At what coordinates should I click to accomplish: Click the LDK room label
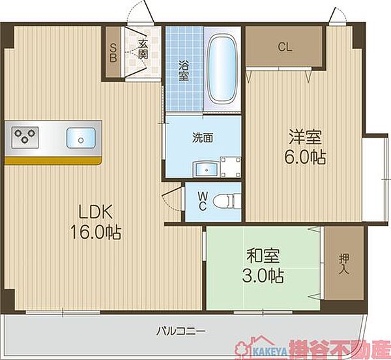tap(96, 211)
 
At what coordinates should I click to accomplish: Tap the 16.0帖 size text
tap(96, 232)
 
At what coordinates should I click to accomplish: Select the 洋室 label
tap(305, 137)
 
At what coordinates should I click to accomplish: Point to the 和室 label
tap(263, 256)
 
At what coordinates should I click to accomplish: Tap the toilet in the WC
tap(227, 202)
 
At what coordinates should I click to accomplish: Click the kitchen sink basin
tap(81, 138)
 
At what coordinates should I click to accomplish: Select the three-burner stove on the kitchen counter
tap(25, 137)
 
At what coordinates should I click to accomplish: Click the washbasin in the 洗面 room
tap(207, 169)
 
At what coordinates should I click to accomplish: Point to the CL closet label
tap(285, 47)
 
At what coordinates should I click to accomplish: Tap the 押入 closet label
tap(344, 265)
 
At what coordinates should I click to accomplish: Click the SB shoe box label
tap(113, 52)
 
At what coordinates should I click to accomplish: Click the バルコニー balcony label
tap(181, 331)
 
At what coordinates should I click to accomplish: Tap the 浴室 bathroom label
tap(184, 71)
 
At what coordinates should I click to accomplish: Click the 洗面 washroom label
tap(203, 138)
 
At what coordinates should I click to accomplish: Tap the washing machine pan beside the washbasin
tap(231, 167)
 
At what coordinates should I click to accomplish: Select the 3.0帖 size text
tap(263, 276)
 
